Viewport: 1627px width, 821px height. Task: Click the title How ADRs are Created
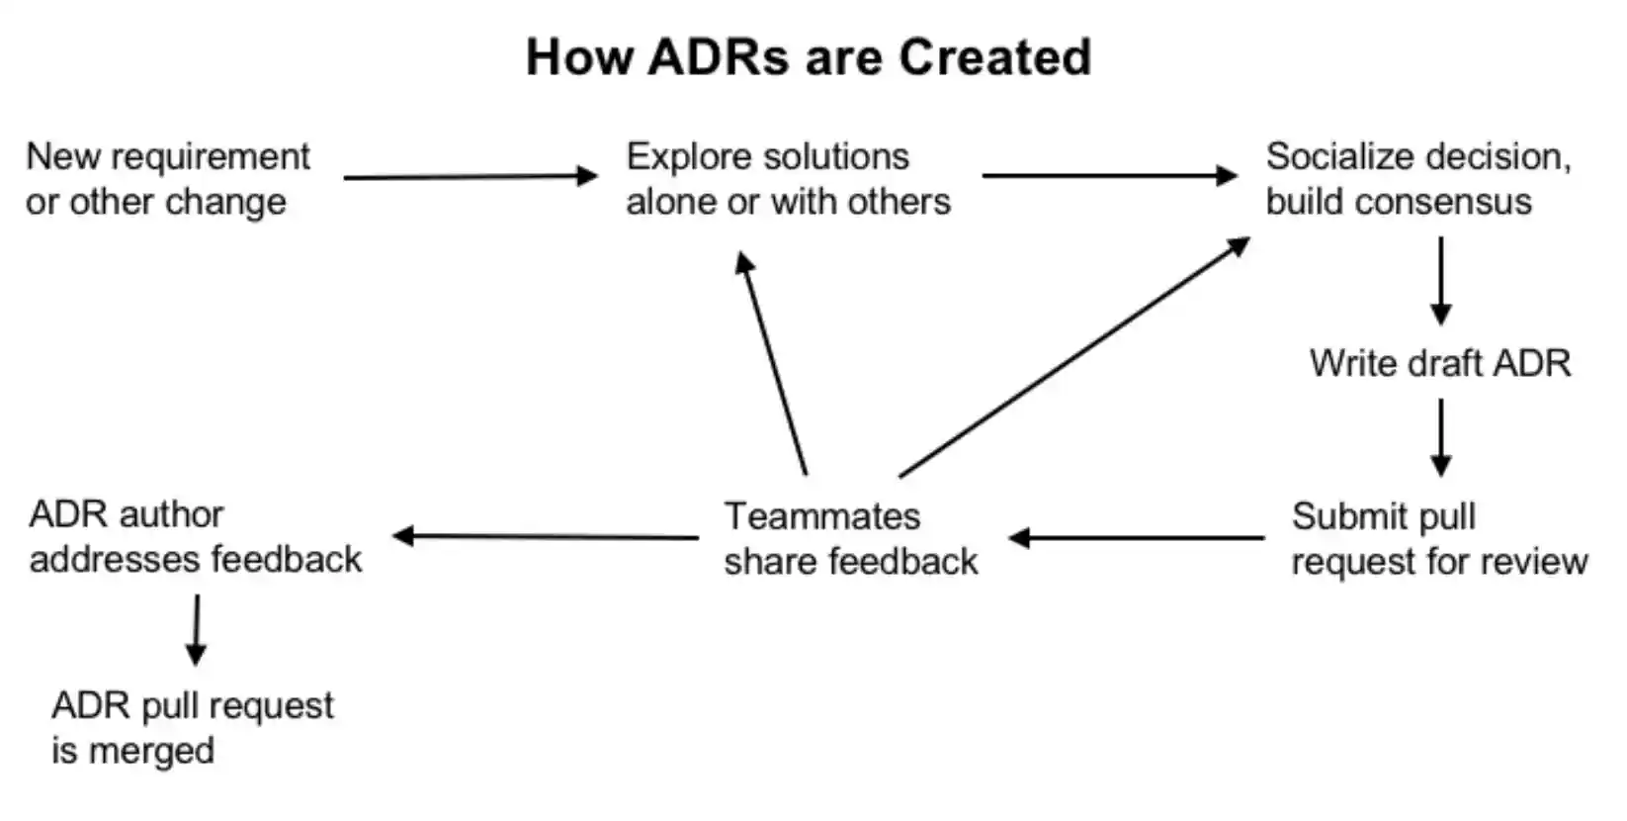click(x=809, y=56)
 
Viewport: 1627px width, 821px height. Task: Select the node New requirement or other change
click(x=167, y=179)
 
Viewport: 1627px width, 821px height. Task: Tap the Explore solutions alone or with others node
click(x=788, y=179)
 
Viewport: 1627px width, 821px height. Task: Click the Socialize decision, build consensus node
click(x=1417, y=179)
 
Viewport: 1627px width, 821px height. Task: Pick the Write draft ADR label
click(x=1439, y=363)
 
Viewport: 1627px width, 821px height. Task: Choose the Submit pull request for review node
click(x=1438, y=539)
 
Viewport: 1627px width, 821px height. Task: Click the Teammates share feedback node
click(x=850, y=539)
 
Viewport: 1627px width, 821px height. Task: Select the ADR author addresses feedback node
click(x=195, y=537)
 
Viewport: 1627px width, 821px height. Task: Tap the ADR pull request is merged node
click(x=192, y=728)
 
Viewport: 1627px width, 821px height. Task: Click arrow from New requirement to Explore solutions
click(x=470, y=177)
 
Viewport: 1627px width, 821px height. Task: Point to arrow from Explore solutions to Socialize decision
click(x=1108, y=176)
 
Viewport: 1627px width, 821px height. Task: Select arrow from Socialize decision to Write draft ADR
click(x=1440, y=280)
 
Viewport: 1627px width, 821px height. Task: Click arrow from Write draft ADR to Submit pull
click(x=1440, y=437)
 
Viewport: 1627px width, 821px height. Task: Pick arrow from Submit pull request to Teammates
click(x=1137, y=538)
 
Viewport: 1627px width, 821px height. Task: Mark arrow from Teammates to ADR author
click(x=546, y=537)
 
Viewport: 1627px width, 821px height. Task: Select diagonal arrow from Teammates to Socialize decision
click(x=1074, y=357)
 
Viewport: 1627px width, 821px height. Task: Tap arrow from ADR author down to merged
click(x=197, y=629)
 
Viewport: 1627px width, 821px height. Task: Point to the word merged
click(x=151, y=751)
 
